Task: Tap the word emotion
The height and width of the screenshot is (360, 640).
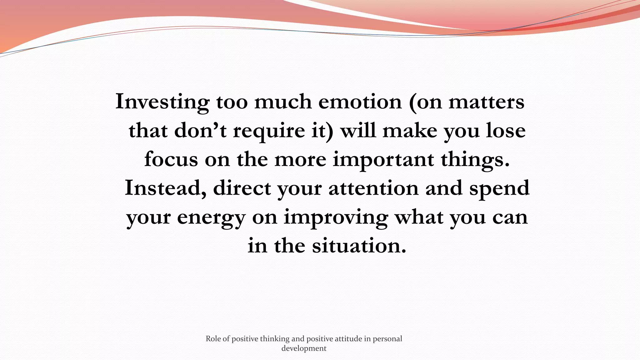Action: [x=360, y=102]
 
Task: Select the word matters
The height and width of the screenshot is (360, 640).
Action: [x=487, y=102]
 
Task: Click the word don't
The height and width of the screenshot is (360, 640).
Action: [x=200, y=130]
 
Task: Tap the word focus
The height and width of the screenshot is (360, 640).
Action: [x=171, y=159]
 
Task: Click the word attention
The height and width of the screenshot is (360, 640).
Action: [x=373, y=188]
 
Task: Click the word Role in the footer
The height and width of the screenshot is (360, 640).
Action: [x=213, y=339]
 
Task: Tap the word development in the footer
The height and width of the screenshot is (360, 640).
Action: [x=304, y=348]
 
